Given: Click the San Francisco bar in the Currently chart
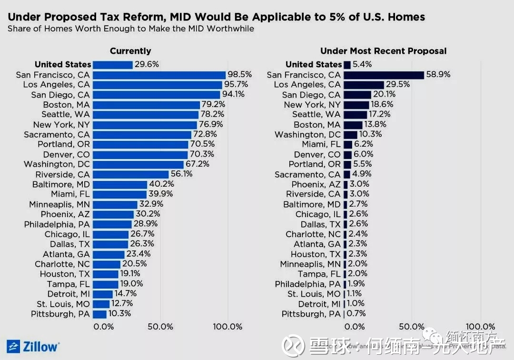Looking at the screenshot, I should [x=159, y=75].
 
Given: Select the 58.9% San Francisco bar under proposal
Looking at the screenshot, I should [x=384, y=75].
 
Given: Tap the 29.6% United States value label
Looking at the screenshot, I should [x=147, y=64].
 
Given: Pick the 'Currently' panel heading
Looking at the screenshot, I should [x=130, y=51].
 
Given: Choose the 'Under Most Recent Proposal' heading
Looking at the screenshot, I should [x=383, y=51].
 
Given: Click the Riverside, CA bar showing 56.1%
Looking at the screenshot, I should [x=131, y=174].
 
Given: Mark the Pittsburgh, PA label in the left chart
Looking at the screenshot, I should [x=60, y=314].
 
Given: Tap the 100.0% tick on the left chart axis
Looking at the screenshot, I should [x=227, y=327].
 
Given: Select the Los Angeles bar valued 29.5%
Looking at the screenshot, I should [x=364, y=85].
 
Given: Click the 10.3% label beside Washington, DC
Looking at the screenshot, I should [x=370, y=134].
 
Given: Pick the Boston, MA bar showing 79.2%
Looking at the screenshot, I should [x=146, y=105].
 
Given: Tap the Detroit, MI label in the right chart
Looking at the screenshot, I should [x=319, y=304].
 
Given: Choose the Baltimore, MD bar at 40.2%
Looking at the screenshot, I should [x=120, y=184].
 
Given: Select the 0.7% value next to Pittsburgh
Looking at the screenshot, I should [x=356, y=314].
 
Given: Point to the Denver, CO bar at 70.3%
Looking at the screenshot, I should [x=140, y=154].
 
